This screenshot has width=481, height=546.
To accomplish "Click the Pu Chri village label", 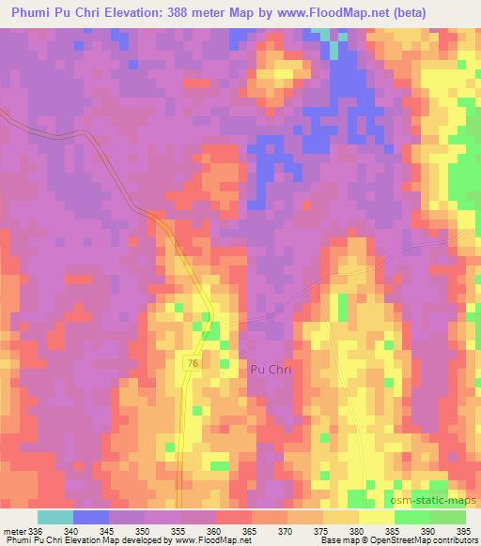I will point(271,370).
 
